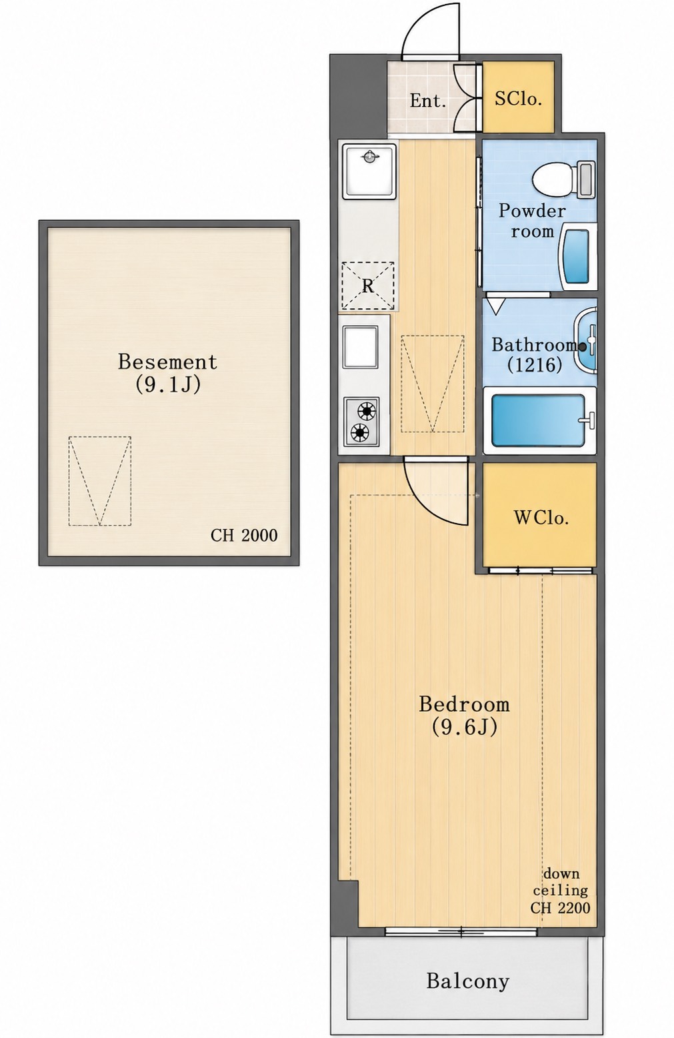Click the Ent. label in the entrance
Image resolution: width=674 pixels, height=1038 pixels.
[427, 101]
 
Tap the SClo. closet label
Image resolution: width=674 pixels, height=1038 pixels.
[519, 98]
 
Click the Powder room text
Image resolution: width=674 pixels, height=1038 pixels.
[532, 221]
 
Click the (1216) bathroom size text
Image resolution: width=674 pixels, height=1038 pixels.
[535, 365]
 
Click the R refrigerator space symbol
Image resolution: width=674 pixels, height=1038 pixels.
[368, 286]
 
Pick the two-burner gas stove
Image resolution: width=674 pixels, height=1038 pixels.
[361, 421]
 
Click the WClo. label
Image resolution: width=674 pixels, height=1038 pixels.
[541, 517]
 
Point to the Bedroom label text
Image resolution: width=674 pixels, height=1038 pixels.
[464, 704]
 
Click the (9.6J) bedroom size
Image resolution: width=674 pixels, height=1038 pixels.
[465, 727]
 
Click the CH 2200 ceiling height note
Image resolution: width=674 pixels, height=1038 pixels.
[561, 907]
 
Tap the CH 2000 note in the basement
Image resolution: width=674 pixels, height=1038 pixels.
[244, 535]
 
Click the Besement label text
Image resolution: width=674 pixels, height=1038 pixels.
[167, 362]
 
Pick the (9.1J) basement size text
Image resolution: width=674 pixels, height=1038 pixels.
[168, 384]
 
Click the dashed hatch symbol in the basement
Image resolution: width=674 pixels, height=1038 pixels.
[99, 481]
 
